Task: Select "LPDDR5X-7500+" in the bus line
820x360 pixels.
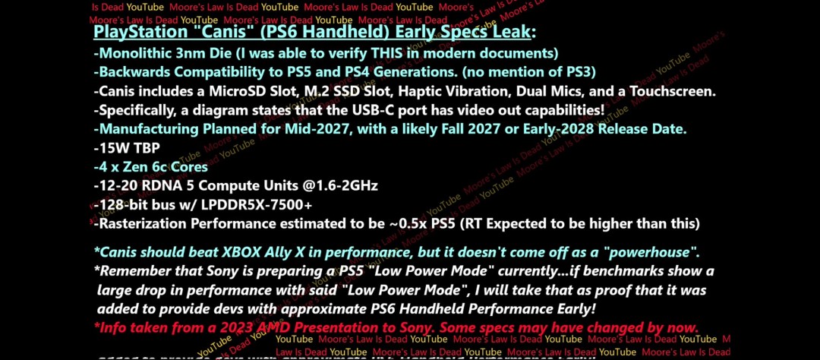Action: tap(257, 204)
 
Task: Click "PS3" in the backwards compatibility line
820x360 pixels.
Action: tap(576, 72)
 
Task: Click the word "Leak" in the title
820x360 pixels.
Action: tap(510, 33)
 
